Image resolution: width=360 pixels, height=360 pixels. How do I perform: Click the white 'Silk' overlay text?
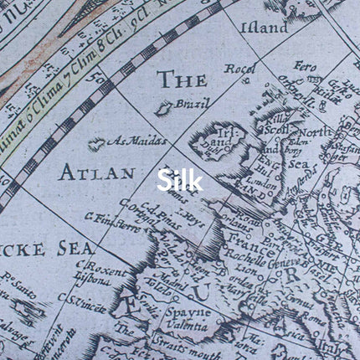pyautogui.click(x=180, y=180)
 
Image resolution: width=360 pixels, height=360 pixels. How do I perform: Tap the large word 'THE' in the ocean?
pyautogui.click(x=182, y=80)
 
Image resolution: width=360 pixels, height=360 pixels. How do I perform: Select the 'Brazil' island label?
pyautogui.click(x=185, y=105)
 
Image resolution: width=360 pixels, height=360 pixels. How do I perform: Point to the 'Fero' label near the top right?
pyautogui.click(x=305, y=64)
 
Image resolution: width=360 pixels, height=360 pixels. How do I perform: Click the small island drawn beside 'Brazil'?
pyautogui.click(x=165, y=108)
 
